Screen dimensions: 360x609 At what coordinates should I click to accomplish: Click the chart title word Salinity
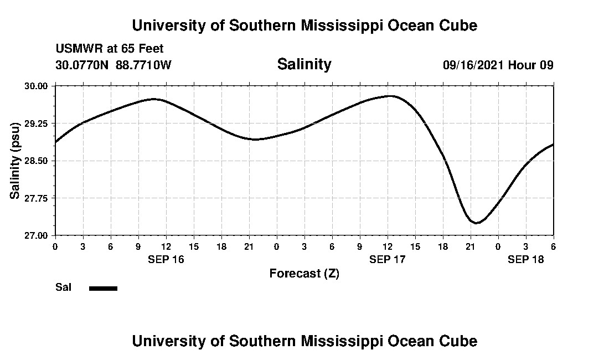click(x=304, y=64)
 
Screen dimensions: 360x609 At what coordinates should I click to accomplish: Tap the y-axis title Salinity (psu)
click(x=15, y=161)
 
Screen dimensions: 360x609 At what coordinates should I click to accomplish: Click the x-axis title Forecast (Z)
click(x=304, y=273)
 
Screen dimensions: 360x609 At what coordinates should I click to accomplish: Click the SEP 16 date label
click(x=166, y=259)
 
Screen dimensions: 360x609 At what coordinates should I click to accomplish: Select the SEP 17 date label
click(x=387, y=259)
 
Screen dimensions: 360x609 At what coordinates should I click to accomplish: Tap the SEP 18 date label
click(x=525, y=259)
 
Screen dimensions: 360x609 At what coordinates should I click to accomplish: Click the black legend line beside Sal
click(x=103, y=288)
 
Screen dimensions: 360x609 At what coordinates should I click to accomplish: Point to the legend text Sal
click(x=63, y=287)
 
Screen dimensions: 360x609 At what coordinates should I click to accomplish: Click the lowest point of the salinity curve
click(x=476, y=223)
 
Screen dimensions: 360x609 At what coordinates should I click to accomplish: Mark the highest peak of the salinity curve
click(x=391, y=96)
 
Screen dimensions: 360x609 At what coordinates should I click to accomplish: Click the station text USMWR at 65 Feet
click(x=110, y=49)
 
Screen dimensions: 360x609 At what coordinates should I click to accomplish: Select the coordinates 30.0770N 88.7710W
click(x=113, y=65)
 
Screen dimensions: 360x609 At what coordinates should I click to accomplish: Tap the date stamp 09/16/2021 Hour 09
click(x=498, y=65)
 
